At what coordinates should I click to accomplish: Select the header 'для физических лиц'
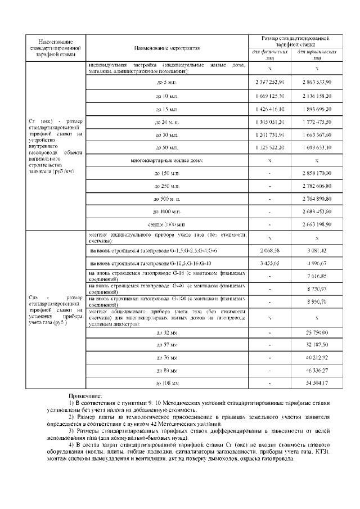[x=270, y=55]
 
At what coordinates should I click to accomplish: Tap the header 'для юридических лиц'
[x=317, y=55]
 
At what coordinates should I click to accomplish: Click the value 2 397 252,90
[x=270, y=82]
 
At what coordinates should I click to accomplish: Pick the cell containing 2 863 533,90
[x=317, y=82]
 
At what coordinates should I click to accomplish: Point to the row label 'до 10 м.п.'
[x=166, y=96]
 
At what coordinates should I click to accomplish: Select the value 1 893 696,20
[x=317, y=109]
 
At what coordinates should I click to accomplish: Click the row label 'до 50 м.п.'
[x=166, y=148]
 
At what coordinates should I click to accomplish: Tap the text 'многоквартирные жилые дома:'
[x=166, y=161]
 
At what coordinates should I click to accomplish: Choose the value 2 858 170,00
[x=317, y=173]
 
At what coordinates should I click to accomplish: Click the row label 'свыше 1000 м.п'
[x=166, y=224]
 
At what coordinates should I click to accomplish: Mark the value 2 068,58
[x=270, y=249]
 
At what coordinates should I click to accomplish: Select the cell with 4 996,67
[x=317, y=263]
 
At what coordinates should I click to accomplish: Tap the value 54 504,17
[x=317, y=382]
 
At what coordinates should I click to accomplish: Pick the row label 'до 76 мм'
[x=166, y=358]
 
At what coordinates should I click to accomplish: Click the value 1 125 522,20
[x=270, y=148]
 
